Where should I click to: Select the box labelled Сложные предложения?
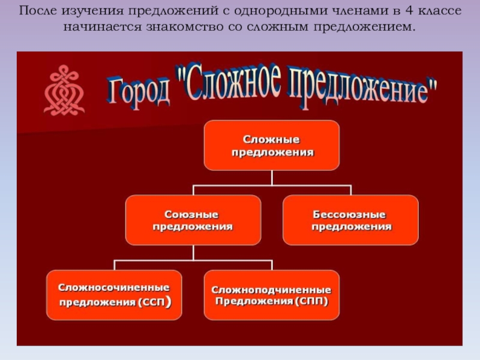tap(272, 145)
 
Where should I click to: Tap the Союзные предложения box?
tap(193, 220)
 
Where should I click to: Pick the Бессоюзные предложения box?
tap(350, 220)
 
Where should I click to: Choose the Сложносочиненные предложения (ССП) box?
tap(114, 295)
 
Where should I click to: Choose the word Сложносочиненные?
tap(113, 288)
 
